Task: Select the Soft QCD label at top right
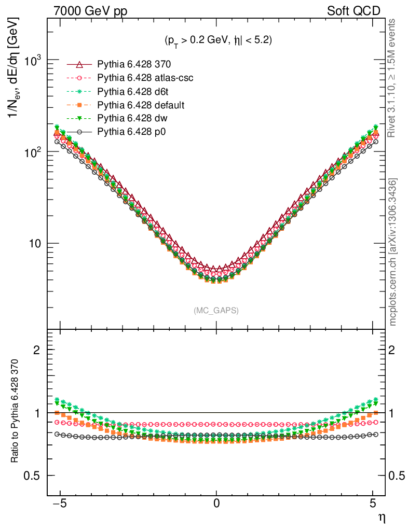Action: tap(353, 11)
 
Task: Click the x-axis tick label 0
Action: tap(216, 503)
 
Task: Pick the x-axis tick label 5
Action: tap(373, 503)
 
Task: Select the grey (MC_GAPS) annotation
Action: tap(216, 310)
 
